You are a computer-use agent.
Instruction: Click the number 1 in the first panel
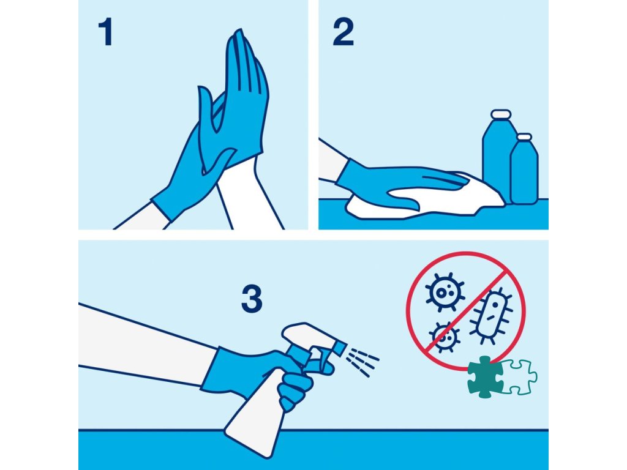[x=105, y=32]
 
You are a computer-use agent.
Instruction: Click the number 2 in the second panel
[x=343, y=32]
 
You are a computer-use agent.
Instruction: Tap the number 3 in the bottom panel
[x=252, y=299]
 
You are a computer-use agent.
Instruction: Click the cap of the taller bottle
[x=501, y=114]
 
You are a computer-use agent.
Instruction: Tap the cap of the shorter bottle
[x=524, y=137]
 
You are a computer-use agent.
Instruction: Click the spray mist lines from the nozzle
[x=362, y=361]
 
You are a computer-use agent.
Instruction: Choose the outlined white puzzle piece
[x=519, y=377]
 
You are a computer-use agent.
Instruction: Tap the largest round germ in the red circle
[x=445, y=293]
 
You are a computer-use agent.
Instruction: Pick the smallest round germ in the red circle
[x=445, y=338]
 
